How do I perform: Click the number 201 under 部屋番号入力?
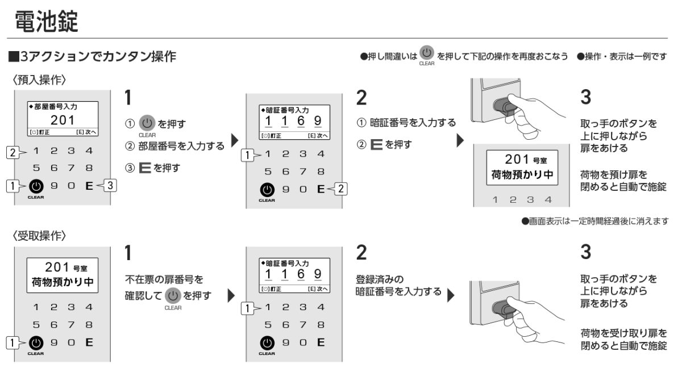pos(63,120)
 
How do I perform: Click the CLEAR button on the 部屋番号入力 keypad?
pos(36,186)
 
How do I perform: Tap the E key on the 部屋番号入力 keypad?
pos(89,185)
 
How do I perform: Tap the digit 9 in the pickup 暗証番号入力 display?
pos(317,275)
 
